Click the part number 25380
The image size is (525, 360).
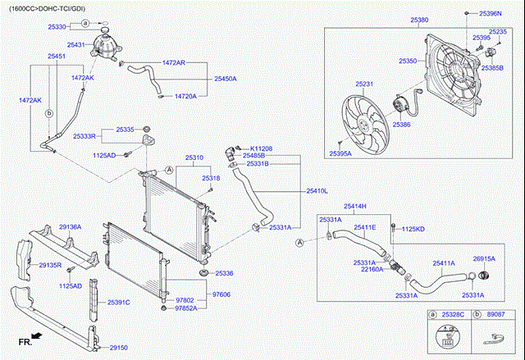[419, 19]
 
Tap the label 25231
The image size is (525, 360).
[364, 84]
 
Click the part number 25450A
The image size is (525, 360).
[226, 79]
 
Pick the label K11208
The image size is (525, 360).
[261, 148]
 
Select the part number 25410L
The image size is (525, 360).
[317, 190]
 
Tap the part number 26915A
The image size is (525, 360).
[484, 258]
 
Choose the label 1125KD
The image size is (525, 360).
[413, 228]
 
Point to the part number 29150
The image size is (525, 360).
[119, 347]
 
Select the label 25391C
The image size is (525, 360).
[119, 302]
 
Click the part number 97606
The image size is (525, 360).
[221, 294]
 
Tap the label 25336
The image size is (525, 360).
[225, 272]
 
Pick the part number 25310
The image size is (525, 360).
[194, 157]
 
